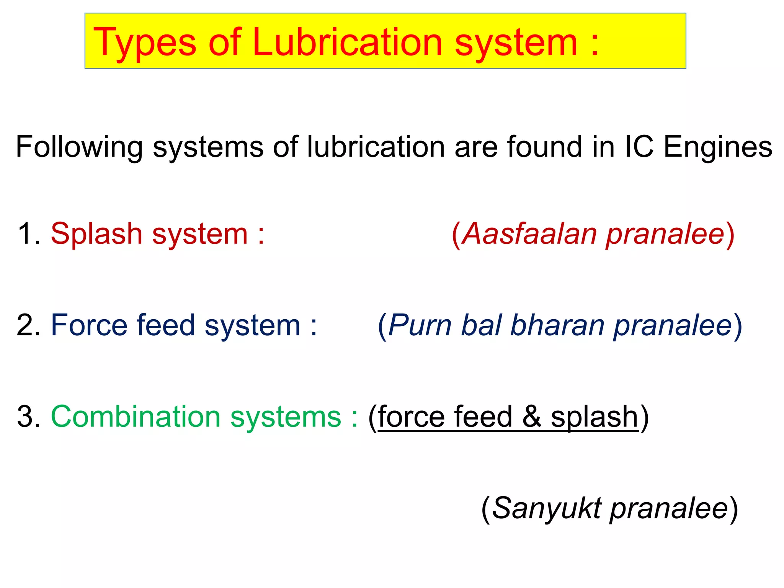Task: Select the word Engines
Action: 718,147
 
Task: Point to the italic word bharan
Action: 557,325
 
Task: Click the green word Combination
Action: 136,416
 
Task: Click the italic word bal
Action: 481,325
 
